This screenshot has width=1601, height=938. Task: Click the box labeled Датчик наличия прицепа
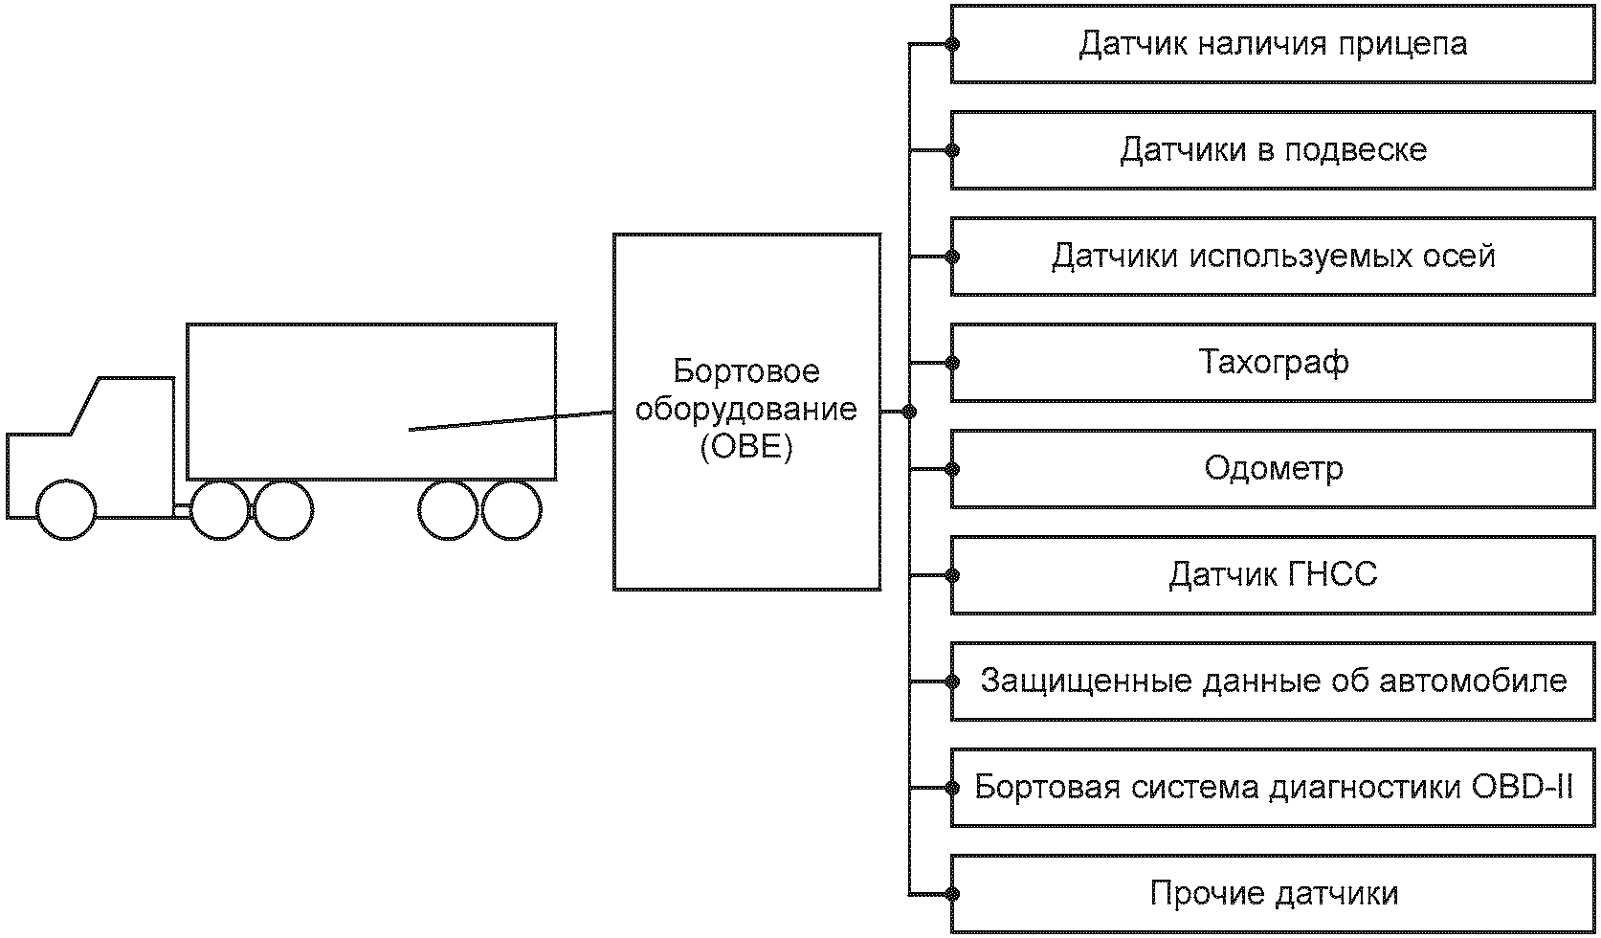click(x=1273, y=44)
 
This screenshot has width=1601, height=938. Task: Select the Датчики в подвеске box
click(x=1273, y=150)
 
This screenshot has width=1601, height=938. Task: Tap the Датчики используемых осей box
click(x=1273, y=257)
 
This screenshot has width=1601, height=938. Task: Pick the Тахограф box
click(x=1273, y=363)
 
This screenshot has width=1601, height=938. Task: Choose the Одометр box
click(x=1273, y=469)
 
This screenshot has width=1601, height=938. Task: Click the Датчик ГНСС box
click(x=1273, y=575)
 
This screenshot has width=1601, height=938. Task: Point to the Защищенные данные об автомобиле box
click(x=1273, y=681)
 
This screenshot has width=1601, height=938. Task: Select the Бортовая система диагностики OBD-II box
click(x=1273, y=788)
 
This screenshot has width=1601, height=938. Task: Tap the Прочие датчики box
click(x=1273, y=894)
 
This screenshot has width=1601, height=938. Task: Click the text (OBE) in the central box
click(x=746, y=448)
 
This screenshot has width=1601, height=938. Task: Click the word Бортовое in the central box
click(x=746, y=370)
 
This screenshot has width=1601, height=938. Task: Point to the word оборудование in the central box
click(x=746, y=410)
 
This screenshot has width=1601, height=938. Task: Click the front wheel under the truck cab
click(x=66, y=509)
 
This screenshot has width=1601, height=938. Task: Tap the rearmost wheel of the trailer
click(x=512, y=509)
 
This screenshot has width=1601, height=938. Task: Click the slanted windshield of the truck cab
click(x=83, y=406)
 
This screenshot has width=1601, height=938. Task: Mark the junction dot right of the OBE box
click(x=909, y=412)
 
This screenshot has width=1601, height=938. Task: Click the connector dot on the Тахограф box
click(x=952, y=363)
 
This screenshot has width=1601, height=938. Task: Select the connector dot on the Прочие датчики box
click(x=952, y=894)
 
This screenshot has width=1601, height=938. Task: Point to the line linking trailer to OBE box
click(x=512, y=421)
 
